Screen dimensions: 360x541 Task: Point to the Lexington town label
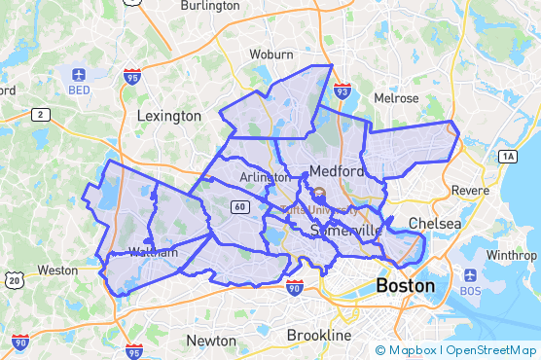(x=168, y=116)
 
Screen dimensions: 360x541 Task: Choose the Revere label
(x=470, y=190)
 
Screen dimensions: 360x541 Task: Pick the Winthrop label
(x=511, y=255)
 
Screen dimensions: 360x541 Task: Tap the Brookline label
(x=318, y=335)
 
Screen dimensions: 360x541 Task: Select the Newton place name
(x=211, y=341)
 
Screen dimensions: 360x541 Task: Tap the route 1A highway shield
(x=507, y=157)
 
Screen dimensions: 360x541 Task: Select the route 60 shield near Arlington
(x=239, y=206)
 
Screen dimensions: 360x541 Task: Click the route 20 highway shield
(x=14, y=280)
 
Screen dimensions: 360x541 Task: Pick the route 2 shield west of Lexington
(x=40, y=115)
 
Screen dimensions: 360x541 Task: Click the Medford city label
(x=337, y=172)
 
